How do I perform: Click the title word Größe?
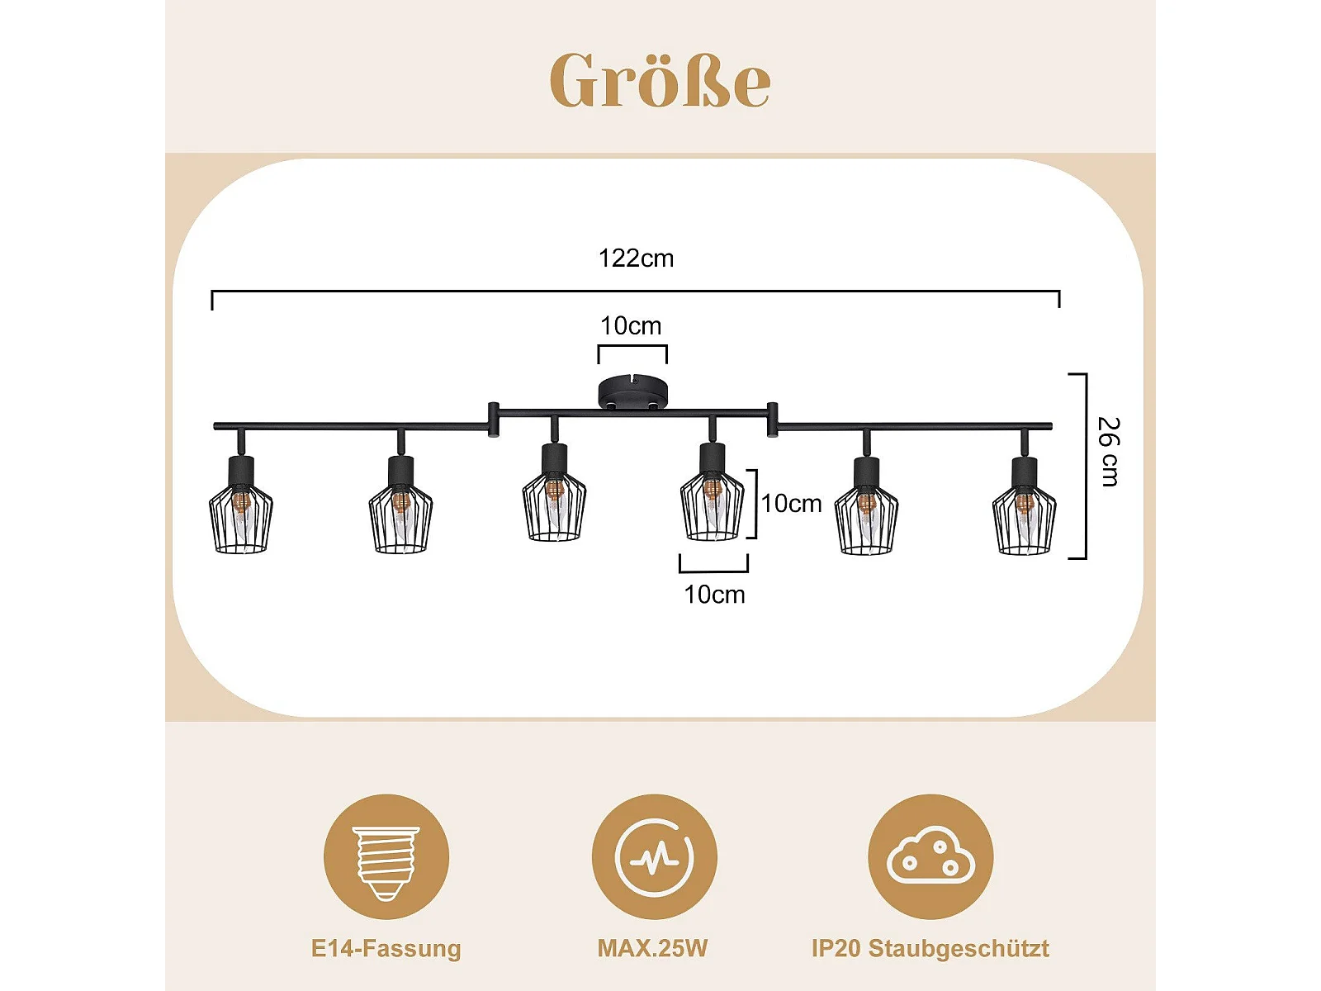tap(660, 80)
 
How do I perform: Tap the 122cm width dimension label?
tap(636, 258)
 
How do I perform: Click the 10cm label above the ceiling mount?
tap(631, 326)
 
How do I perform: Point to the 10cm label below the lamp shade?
tap(714, 595)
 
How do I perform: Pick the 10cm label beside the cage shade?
tap(791, 504)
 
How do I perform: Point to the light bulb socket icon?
tap(386, 857)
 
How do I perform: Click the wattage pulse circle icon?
tap(654, 857)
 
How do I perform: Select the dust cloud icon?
tap(930, 857)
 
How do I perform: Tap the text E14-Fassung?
tap(386, 948)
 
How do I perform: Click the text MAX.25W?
tap(652, 948)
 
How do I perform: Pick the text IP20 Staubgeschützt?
tap(930, 948)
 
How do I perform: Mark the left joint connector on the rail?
tap(493, 420)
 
